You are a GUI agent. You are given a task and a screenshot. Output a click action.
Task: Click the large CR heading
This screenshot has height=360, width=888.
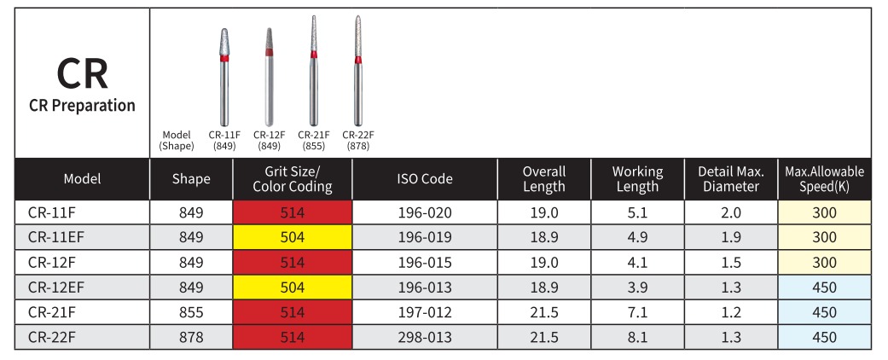pyautogui.click(x=82, y=74)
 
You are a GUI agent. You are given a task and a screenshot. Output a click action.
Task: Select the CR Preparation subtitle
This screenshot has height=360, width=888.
pyautogui.click(x=82, y=106)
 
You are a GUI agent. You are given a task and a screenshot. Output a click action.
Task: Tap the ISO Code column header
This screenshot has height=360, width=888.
pyautogui.click(x=425, y=179)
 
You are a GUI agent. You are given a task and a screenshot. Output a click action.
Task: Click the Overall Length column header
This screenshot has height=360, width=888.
pyautogui.click(x=543, y=179)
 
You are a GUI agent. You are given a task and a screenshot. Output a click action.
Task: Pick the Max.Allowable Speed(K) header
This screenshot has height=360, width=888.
pyautogui.click(x=824, y=179)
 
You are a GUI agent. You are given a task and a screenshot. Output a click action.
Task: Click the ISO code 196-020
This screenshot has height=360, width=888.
pyautogui.click(x=425, y=212)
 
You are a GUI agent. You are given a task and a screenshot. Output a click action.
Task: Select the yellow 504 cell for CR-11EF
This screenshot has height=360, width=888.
pyautogui.click(x=293, y=237)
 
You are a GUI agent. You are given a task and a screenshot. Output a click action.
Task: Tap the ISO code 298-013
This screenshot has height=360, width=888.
pyautogui.click(x=425, y=337)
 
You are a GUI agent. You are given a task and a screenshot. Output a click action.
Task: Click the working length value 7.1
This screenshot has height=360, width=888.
pyautogui.click(x=636, y=312)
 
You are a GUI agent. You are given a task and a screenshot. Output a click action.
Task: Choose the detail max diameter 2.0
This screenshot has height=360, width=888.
pyautogui.click(x=731, y=212)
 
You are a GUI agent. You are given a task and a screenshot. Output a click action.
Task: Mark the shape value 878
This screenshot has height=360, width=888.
pyautogui.click(x=191, y=337)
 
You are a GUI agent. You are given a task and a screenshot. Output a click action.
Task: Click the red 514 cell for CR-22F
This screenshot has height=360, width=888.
pyautogui.click(x=293, y=337)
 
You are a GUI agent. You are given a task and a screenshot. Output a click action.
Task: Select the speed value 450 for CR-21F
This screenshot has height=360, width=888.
pyautogui.click(x=824, y=312)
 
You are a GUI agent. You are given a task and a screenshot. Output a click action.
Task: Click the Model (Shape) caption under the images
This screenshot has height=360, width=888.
pyautogui.click(x=176, y=140)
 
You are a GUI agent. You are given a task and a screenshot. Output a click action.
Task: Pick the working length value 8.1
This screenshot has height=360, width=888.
pyautogui.click(x=636, y=337)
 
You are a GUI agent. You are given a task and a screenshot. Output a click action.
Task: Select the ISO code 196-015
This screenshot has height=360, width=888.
pyautogui.click(x=425, y=262)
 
